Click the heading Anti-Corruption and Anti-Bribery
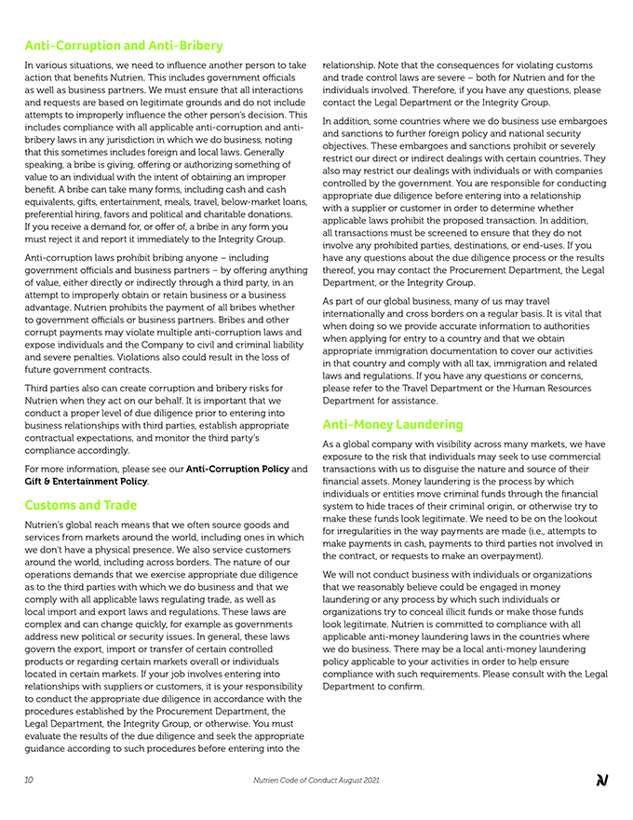[x=124, y=45]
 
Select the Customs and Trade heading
[x=81, y=505]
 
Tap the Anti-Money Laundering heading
[x=393, y=424]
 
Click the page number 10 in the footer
[x=30, y=780]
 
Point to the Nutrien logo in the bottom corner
[x=601, y=780]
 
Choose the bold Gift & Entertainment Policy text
[x=86, y=481]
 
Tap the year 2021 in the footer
[x=370, y=780]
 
